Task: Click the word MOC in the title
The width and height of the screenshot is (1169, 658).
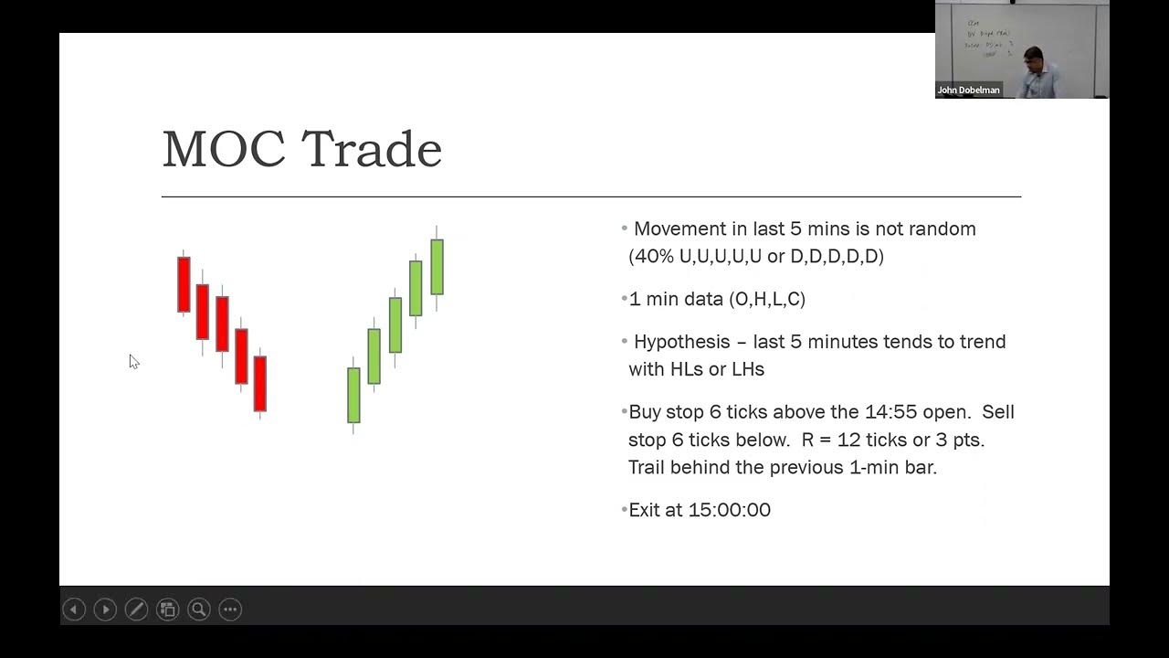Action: (224, 149)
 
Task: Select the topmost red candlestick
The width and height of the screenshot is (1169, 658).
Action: (184, 285)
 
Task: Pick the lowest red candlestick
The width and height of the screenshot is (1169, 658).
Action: (260, 383)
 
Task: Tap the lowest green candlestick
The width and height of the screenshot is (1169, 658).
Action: (353, 395)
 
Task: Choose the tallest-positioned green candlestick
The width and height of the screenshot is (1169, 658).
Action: (437, 266)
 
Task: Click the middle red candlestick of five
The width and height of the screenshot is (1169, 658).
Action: (222, 324)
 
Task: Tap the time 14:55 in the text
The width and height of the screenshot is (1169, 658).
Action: (890, 412)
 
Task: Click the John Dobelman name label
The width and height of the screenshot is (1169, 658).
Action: (968, 90)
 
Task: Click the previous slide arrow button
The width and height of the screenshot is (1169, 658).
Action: (74, 610)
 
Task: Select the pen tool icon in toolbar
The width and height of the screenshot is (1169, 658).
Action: (136, 610)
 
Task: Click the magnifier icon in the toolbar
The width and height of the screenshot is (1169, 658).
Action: (199, 610)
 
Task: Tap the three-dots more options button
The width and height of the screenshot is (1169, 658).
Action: (230, 610)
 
